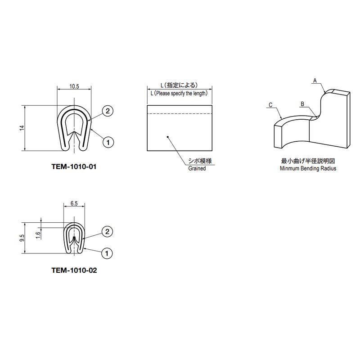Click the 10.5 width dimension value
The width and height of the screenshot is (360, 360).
tap(74, 86)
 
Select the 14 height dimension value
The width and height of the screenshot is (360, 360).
tap(22, 128)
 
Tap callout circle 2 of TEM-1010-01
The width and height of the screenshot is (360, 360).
tap(108, 111)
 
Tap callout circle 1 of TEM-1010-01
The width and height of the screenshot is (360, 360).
tap(108, 142)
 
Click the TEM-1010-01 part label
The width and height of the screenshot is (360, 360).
tap(74, 166)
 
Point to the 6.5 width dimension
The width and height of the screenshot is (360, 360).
tap(74, 203)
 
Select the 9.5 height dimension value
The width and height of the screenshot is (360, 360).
tap(22, 238)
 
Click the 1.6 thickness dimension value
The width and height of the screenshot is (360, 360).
tap(38, 235)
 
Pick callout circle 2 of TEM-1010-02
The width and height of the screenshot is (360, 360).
tap(107, 232)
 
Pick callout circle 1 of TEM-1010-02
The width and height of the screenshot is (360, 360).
tap(107, 253)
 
